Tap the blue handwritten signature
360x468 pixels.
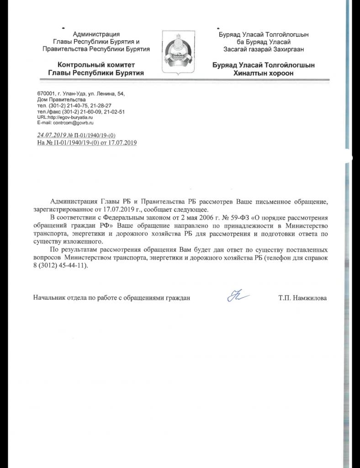(238, 297)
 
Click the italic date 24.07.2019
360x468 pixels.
(51, 135)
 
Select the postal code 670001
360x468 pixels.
(46, 94)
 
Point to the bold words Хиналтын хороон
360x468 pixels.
(263, 73)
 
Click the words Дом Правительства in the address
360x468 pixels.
(61, 100)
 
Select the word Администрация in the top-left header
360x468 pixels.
(96, 34)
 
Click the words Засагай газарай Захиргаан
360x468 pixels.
(264, 49)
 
